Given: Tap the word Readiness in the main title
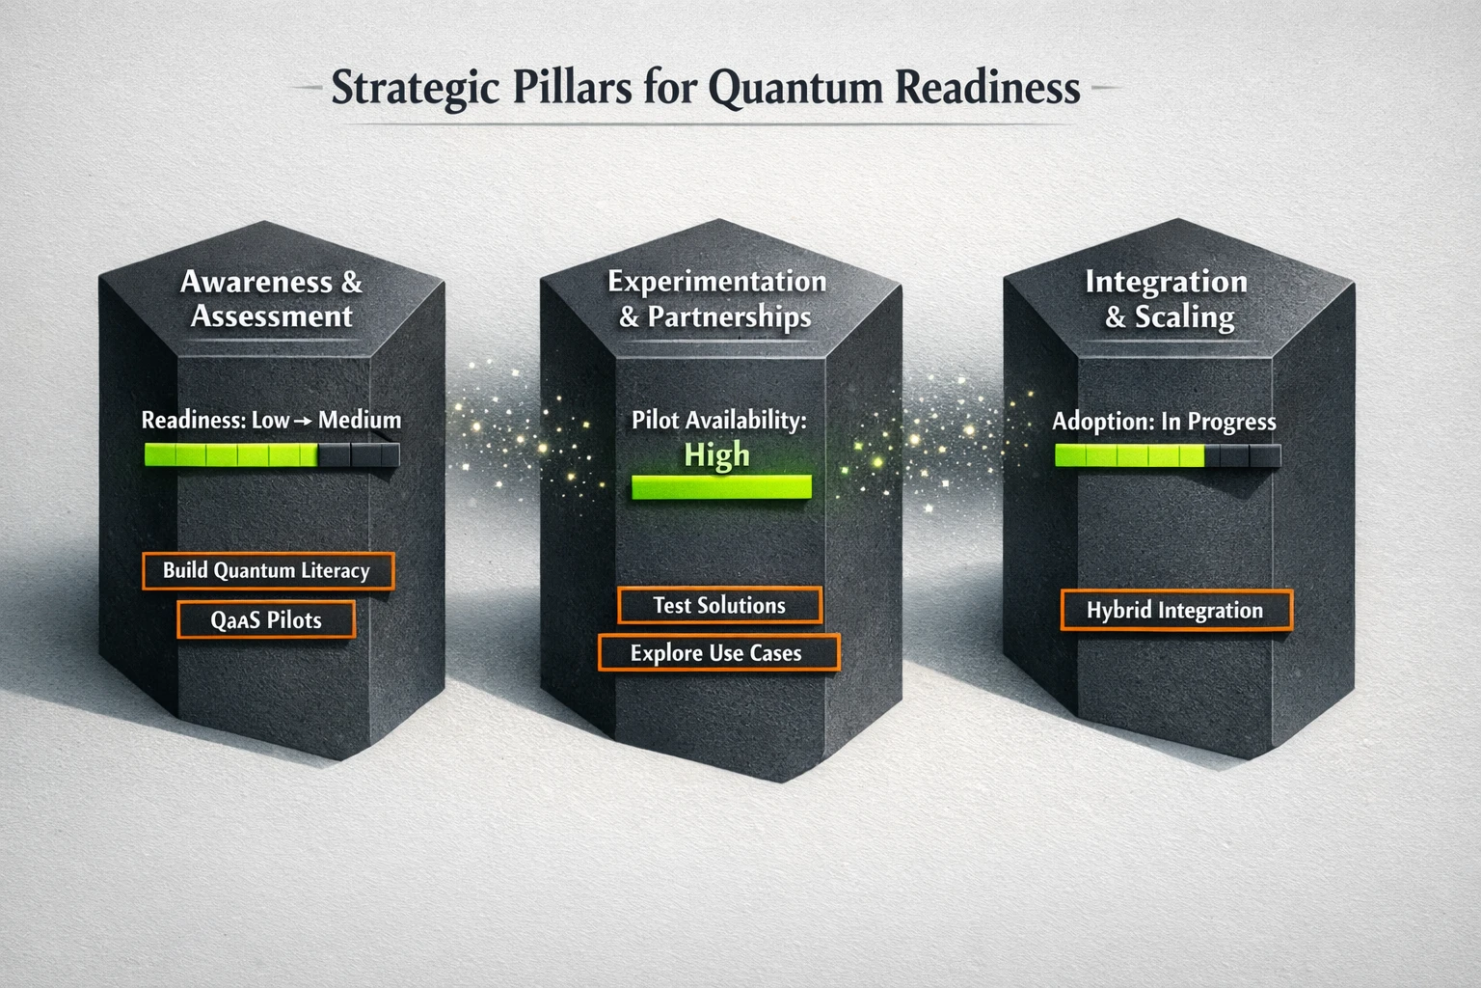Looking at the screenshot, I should [x=987, y=88].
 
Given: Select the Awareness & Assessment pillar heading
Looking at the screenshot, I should [x=271, y=298].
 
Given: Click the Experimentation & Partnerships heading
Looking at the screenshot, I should [x=716, y=298].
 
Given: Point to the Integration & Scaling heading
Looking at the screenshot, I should [x=1167, y=298].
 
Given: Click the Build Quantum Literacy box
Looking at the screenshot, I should [x=267, y=570].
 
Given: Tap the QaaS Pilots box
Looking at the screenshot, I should [x=266, y=619].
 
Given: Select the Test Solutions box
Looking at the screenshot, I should [x=719, y=605].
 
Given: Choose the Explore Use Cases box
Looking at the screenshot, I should [x=717, y=653].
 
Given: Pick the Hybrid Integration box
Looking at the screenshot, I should [x=1174, y=611].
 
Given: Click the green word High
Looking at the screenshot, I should [x=716, y=454].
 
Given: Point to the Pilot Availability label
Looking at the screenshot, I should [x=718, y=420].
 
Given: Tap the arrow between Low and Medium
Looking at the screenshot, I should [x=304, y=421].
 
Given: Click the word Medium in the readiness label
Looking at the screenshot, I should [x=360, y=420].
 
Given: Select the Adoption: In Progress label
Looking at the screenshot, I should [x=1164, y=422].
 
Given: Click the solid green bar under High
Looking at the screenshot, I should [x=721, y=487].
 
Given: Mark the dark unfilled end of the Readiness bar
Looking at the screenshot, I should [x=359, y=454].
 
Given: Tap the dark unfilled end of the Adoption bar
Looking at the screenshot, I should [x=1244, y=455].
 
